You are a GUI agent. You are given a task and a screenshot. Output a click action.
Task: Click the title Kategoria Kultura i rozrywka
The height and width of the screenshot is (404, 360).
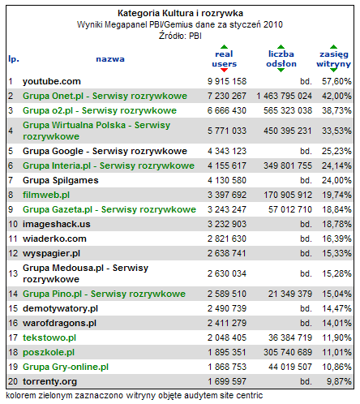click(x=180, y=13)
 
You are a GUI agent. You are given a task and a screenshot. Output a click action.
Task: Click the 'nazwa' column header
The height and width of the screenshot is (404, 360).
click(x=110, y=59)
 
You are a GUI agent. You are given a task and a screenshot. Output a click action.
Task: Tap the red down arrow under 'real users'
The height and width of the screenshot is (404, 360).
click(x=224, y=70)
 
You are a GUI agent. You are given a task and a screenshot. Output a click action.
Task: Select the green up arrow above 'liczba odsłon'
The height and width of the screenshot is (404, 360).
click(x=281, y=46)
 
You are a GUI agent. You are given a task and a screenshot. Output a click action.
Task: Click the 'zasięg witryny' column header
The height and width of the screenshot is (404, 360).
click(x=334, y=59)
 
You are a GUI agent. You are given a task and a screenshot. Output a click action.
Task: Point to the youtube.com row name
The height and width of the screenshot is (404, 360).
click(x=52, y=81)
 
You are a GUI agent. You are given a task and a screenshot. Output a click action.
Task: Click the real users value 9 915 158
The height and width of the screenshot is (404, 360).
click(x=227, y=81)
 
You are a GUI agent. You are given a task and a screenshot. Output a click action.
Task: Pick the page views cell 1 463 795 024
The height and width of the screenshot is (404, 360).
click(x=284, y=96)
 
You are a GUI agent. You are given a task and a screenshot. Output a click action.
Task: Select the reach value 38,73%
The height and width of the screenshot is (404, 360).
click(x=336, y=110)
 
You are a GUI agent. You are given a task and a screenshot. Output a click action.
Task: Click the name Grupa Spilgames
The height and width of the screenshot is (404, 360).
click(x=61, y=180)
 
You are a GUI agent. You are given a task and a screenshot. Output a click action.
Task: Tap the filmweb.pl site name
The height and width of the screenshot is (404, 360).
click(x=46, y=195)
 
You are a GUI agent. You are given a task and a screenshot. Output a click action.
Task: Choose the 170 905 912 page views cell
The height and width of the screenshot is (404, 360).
click(x=288, y=195)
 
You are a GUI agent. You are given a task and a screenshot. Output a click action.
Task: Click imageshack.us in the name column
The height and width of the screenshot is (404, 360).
click(x=57, y=224)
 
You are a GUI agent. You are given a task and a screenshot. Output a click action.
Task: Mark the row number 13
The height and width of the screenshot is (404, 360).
click(x=13, y=273)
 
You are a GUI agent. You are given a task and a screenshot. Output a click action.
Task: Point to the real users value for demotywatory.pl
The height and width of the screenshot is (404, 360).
click(x=227, y=308)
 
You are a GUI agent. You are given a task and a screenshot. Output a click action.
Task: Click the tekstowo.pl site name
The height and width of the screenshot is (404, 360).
click(x=49, y=337)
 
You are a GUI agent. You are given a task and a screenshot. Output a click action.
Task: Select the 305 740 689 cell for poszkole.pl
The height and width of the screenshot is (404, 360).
click(x=288, y=352)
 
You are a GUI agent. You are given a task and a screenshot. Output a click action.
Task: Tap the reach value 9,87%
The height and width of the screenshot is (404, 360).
click(x=339, y=381)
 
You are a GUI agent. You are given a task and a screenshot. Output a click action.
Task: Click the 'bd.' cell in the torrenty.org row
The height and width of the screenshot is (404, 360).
click(x=306, y=381)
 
